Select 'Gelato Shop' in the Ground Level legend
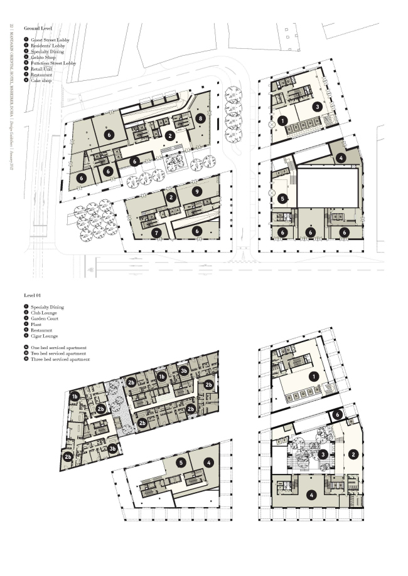[43, 58]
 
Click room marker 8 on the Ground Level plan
[200, 118]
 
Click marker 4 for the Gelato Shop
[341, 158]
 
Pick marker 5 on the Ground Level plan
[282, 199]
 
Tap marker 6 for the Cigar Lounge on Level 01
[337, 414]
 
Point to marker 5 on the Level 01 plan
[180, 463]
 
